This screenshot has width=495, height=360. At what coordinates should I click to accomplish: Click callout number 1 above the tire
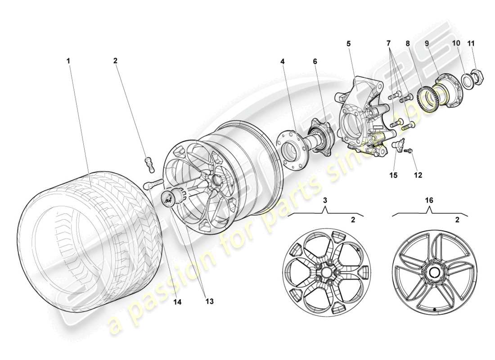[x=69, y=59]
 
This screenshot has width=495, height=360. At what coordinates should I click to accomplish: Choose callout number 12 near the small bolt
[x=418, y=175]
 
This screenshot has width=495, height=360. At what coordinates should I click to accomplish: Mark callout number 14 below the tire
[x=177, y=303]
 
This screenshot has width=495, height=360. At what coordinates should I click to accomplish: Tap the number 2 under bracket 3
[x=353, y=220]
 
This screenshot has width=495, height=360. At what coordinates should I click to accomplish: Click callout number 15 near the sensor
[x=394, y=175]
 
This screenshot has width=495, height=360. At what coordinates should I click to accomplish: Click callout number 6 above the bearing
[x=315, y=59]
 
